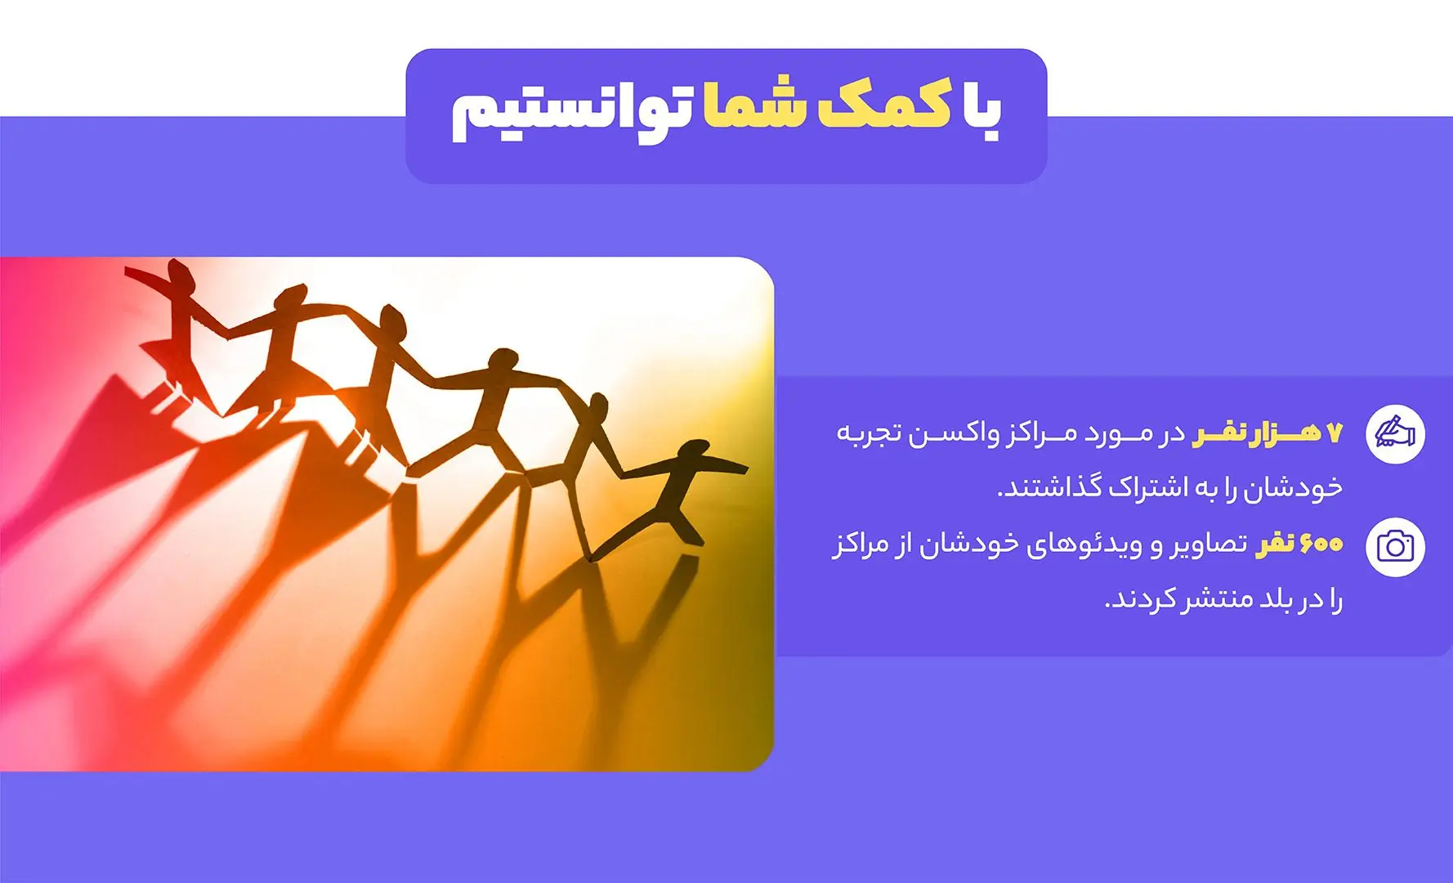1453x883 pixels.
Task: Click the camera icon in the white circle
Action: (x=1395, y=546)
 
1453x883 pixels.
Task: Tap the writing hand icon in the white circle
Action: (x=1395, y=433)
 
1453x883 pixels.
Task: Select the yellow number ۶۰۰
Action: (x=1321, y=544)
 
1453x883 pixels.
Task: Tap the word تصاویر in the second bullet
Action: (x=1206, y=545)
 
